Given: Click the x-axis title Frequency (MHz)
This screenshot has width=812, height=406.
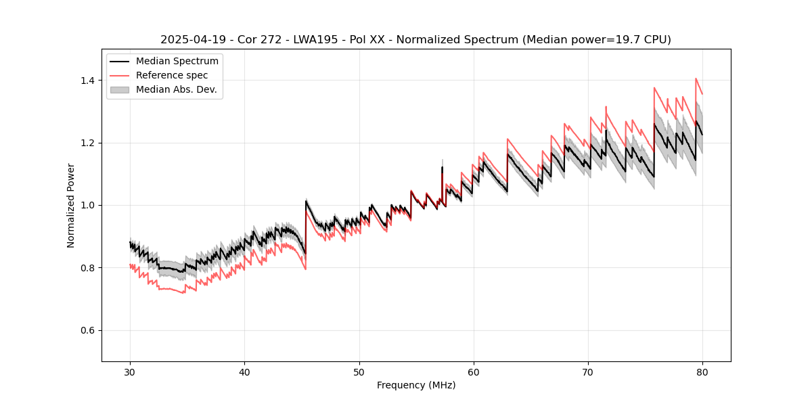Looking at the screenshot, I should coord(416,385).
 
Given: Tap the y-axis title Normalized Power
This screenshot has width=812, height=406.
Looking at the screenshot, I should coord(71,205).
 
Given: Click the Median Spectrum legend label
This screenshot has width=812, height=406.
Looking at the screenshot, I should coord(177,62).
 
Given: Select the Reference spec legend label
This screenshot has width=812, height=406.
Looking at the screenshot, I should coord(172,75).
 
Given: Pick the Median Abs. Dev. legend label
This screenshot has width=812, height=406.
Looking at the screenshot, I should coord(176,89).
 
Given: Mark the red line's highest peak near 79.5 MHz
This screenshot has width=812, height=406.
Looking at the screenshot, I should coord(696,78).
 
